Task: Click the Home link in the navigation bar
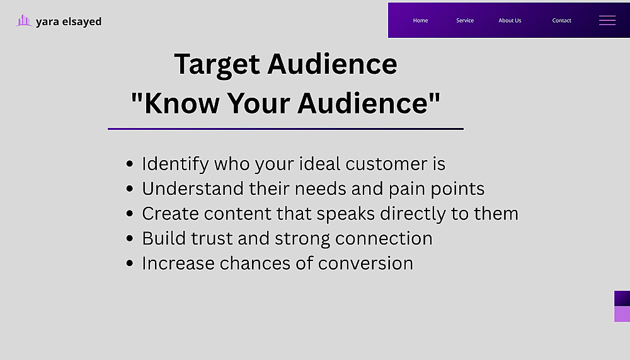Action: coord(420,21)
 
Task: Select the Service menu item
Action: coord(465,21)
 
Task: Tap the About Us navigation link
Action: coord(510,21)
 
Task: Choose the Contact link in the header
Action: coord(561,21)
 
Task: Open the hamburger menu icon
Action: coord(607,21)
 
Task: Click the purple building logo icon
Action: coord(24,21)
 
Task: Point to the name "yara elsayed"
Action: coord(69,21)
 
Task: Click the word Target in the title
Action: coord(217,64)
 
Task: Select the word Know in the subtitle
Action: coord(182,103)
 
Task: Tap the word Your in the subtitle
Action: coord(258,103)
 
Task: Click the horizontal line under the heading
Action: coord(285,129)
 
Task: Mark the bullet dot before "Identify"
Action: coord(129,164)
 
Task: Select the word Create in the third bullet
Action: coord(170,214)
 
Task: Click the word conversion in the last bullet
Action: coord(365,264)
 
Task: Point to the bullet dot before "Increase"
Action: coord(129,264)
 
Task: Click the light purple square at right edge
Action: coord(622,314)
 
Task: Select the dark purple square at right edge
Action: coord(622,298)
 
